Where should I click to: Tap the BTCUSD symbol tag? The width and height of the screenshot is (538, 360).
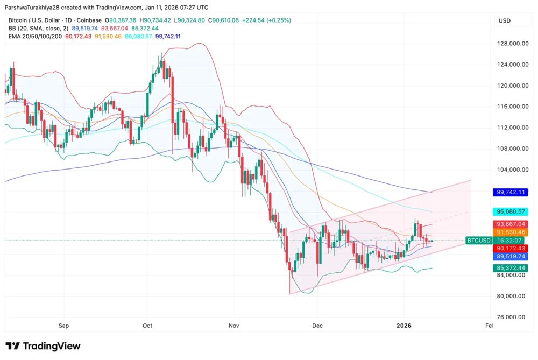coord(478,240)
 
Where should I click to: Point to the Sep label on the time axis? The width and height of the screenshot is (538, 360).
coord(64,326)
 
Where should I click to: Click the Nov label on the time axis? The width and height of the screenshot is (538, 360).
coord(233,326)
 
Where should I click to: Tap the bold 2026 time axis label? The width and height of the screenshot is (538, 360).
coord(404,326)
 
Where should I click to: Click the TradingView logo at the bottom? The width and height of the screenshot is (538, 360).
coord(43,346)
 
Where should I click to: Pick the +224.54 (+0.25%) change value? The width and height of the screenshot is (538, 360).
coord(267,20)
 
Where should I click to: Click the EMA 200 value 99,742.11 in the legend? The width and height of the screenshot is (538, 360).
coord(168,36)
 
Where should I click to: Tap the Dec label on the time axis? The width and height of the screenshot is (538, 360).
coord(317,326)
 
